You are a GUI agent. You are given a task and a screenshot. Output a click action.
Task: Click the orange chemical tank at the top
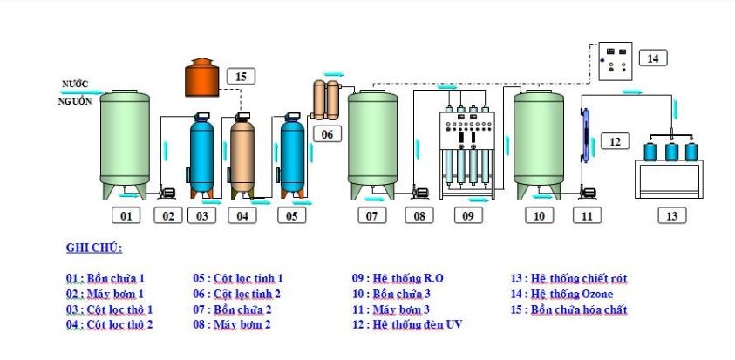click(x=203, y=78)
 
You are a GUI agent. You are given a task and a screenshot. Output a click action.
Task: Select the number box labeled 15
click(x=241, y=77)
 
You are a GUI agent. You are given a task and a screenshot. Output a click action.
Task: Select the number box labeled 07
click(x=372, y=214)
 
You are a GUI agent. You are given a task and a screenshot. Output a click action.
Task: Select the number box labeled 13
click(x=670, y=214)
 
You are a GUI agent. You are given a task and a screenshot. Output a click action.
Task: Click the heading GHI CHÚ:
click(x=94, y=248)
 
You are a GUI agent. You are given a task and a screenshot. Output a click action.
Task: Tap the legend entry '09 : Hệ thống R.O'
click(x=398, y=278)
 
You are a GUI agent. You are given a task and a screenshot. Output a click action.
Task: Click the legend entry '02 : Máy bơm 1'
click(x=104, y=294)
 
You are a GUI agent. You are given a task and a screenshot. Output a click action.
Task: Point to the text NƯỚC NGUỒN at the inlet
click(x=75, y=92)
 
